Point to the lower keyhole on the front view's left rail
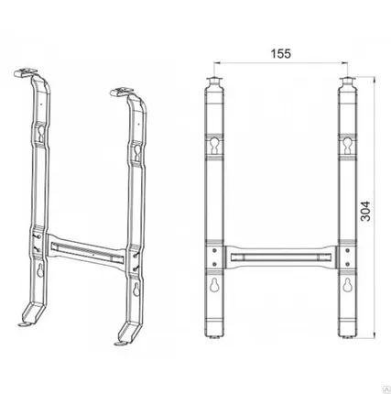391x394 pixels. pos(215,285)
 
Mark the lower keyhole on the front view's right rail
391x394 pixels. pos(349,285)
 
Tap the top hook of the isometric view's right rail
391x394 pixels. pos(124,93)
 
